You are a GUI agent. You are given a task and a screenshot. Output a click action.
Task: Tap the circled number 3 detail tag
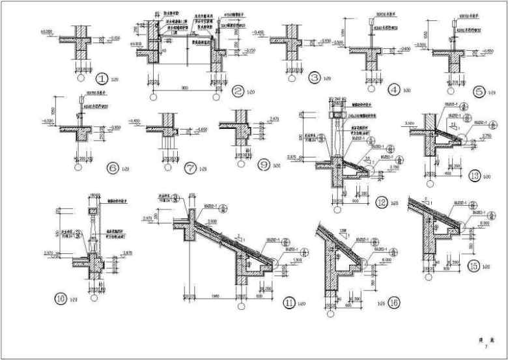coord(315,79)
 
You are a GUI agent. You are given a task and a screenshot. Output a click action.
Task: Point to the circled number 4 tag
coord(393,90)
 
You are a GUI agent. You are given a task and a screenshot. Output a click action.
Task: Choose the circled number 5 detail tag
coord(480,92)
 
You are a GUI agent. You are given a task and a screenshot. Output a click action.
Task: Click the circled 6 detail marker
coord(112,168)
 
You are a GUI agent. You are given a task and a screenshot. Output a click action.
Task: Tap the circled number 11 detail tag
coord(290,303)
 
